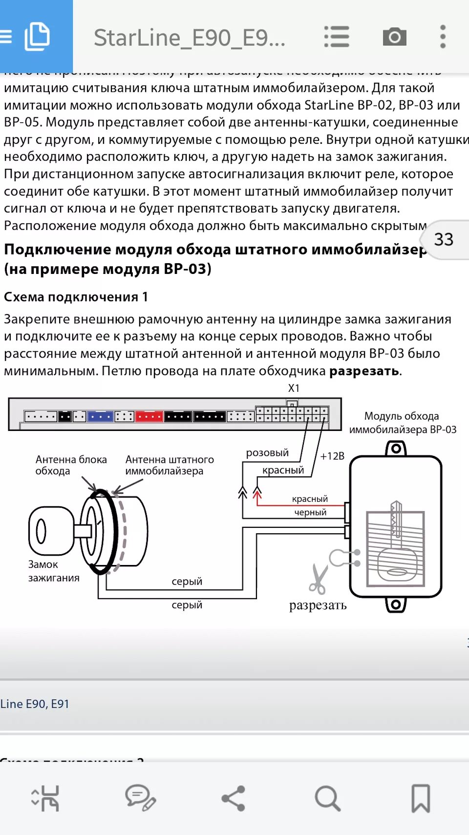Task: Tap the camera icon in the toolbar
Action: click(x=395, y=37)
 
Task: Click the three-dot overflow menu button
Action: click(x=443, y=37)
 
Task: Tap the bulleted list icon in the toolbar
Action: click(x=337, y=37)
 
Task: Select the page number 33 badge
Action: click(x=444, y=239)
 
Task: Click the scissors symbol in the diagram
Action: click(x=319, y=578)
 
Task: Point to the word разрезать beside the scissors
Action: click(x=318, y=606)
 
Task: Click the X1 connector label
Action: click(x=294, y=388)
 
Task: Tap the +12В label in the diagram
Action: click(x=332, y=456)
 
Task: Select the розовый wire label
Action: click(x=267, y=453)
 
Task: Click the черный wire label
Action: click(x=310, y=512)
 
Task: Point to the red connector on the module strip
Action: click(x=149, y=417)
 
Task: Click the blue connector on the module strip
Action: click(x=100, y=417)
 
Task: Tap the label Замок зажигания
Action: click(x=53, y=571)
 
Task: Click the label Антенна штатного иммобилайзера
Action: click(x=169, y=465)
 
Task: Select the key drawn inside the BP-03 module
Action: click(x=396, y=543)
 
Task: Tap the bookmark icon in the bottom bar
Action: click(x=420, y=798)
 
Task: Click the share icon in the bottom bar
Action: click(x=234, y=798)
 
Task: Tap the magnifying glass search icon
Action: click(x=327, y=798)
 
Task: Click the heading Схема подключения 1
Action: click(x=76, y=297)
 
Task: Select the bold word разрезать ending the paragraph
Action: click(x=364, y=371)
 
